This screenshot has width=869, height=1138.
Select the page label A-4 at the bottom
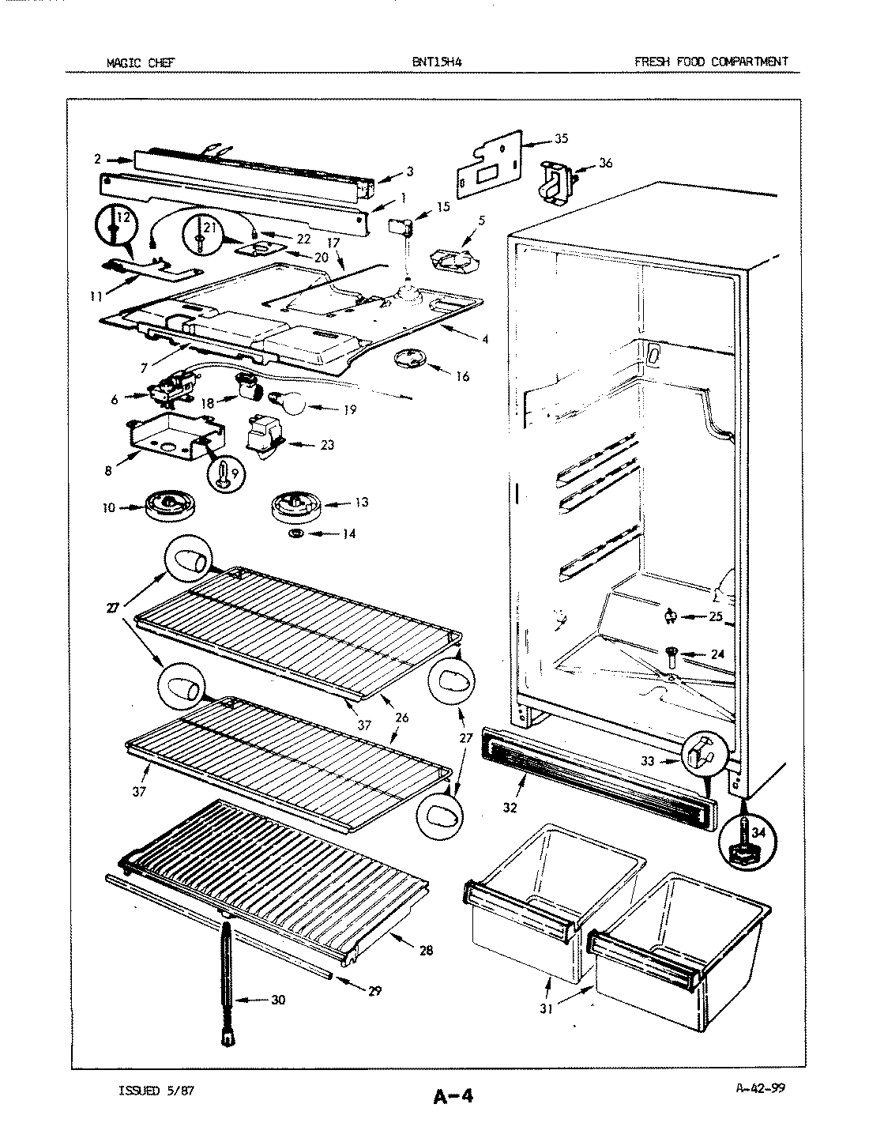click(x=453, y=1096)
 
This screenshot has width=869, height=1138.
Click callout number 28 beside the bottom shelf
click(x=427, y=951)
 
